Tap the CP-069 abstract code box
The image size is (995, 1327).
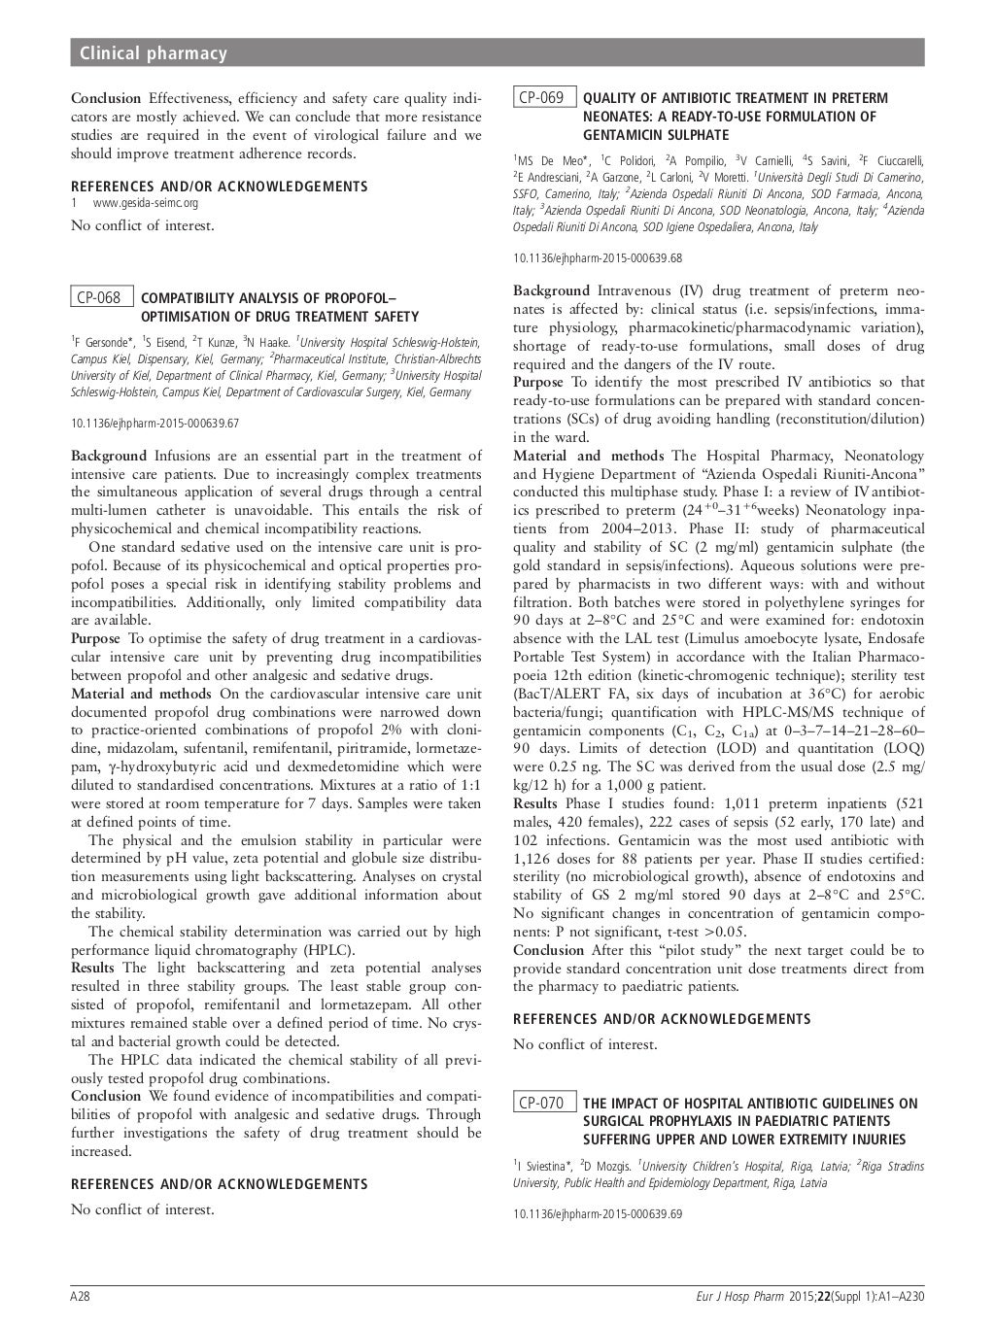pyautogui.click(x=544, y=97)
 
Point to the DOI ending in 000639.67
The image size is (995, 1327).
pyautogui.click(x=155, y=423)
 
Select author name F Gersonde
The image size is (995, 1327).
pyautogui.click(x=104, y=341)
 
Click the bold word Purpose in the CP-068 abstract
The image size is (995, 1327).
pyautogui.click(x=95, y=638)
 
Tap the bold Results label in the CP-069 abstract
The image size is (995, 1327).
pyautogui.click(x=535, y=803)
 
